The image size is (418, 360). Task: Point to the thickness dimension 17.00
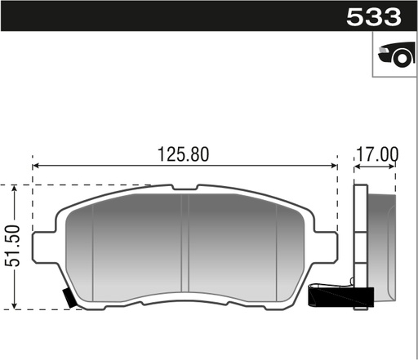(x=376, y=153)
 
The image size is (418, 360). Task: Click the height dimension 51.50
(x=10, y=247)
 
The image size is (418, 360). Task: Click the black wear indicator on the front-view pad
(x=70, y=299)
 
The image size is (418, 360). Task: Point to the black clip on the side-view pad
(x=341, y=297)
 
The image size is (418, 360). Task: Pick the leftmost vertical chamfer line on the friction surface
(x=93, y=245)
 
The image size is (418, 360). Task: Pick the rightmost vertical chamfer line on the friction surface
(x=278, y=245)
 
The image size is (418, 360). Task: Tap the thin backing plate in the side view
(x=359, y=245)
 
